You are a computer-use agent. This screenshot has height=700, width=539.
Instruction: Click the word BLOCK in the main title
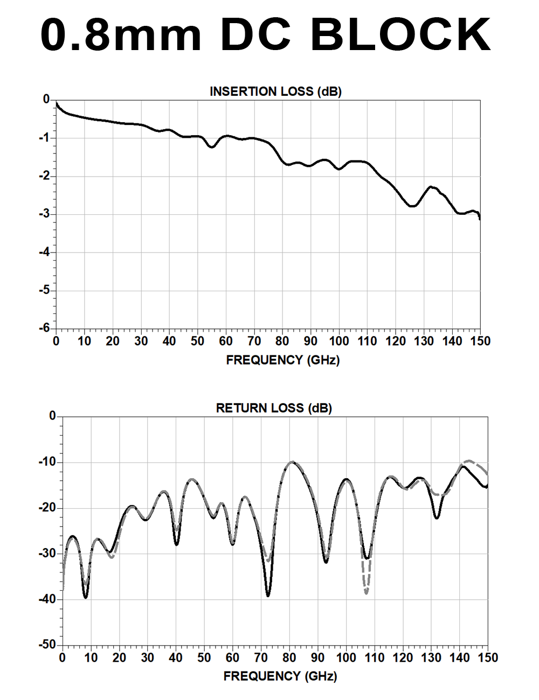[400, 35]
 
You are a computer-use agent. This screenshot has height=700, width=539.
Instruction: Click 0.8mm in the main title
[121, 35]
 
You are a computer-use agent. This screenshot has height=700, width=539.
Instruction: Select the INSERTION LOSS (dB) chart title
[275, 92]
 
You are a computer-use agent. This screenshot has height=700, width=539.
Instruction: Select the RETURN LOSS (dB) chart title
[274, 408]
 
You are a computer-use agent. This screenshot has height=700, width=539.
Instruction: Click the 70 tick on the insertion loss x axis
[254, 341]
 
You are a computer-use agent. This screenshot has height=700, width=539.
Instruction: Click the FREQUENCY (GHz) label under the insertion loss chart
[283, 360]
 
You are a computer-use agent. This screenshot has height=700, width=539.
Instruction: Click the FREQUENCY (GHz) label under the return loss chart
[280, 676]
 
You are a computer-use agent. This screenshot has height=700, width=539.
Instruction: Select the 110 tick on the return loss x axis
[375, 657]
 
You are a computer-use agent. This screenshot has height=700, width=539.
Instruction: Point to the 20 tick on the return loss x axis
[119, 657]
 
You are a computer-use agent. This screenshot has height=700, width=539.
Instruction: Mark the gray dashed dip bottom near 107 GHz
[367, 593]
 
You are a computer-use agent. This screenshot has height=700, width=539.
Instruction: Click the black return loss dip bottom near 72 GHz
[268, 596]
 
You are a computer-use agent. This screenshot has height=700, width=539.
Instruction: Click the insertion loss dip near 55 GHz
[211, 147]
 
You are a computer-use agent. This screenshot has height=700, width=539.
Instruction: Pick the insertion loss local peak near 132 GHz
[431, 186]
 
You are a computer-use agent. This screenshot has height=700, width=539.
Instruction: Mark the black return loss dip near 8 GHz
[86, 597]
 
